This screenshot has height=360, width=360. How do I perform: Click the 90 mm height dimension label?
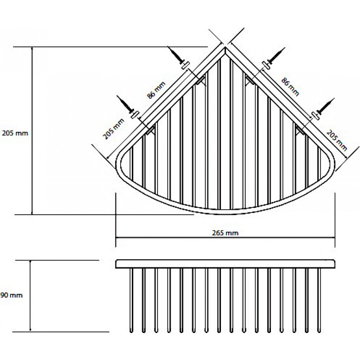click(x=12, y=295)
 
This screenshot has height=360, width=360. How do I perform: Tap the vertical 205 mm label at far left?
click(x=15, y=133)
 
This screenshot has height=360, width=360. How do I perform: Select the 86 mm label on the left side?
click(x=156, y=90)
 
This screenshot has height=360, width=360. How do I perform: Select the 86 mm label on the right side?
click(x=290, y=87)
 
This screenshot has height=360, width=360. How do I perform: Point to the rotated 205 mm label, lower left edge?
click(x=113, y=129)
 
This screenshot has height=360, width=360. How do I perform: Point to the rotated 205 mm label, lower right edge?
click(x=337, y=140)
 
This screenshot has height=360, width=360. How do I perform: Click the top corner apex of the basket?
click(x=225, y=47)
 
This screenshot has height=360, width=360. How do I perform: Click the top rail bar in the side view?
click(x=226, y=264)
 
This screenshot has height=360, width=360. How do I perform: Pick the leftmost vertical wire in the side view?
click(x=131, y=300)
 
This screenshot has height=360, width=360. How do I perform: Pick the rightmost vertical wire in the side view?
click(x=319, y=300)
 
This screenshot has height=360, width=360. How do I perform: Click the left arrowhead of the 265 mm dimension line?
click(x=118, y=238)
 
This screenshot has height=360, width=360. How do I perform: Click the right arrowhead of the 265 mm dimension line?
click(x=333, y=238)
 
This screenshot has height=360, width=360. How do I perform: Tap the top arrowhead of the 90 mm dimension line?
click(x=30, y=263)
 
